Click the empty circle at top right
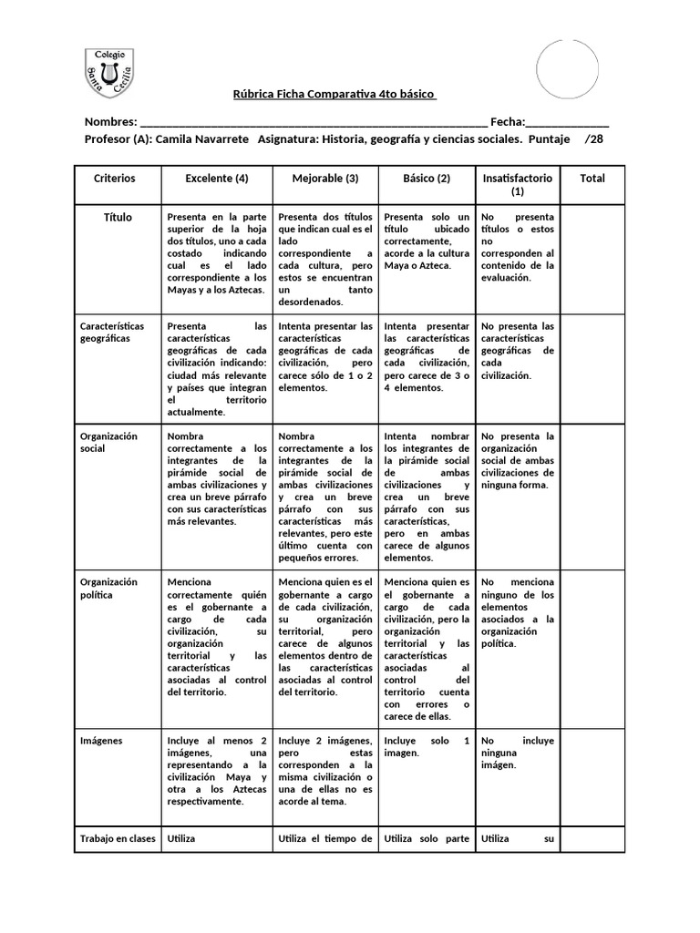click(x=567, y=69)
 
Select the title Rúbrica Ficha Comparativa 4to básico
click(x=335, y=95)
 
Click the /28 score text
click(x=593, y=139)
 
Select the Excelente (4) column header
click(x=217, y=179)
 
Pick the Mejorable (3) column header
click(x=325, y=179)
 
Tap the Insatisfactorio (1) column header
click(x=517, y=185)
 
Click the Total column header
click(x=592, y=179)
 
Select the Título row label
click(x=118, y=218)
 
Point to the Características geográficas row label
click(x=112, y=332)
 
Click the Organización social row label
click(x=108, y=442)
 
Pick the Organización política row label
click(x=108, y=588)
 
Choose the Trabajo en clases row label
click(x=118, y=838)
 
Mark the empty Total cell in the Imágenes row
click(x=592, y=774)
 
